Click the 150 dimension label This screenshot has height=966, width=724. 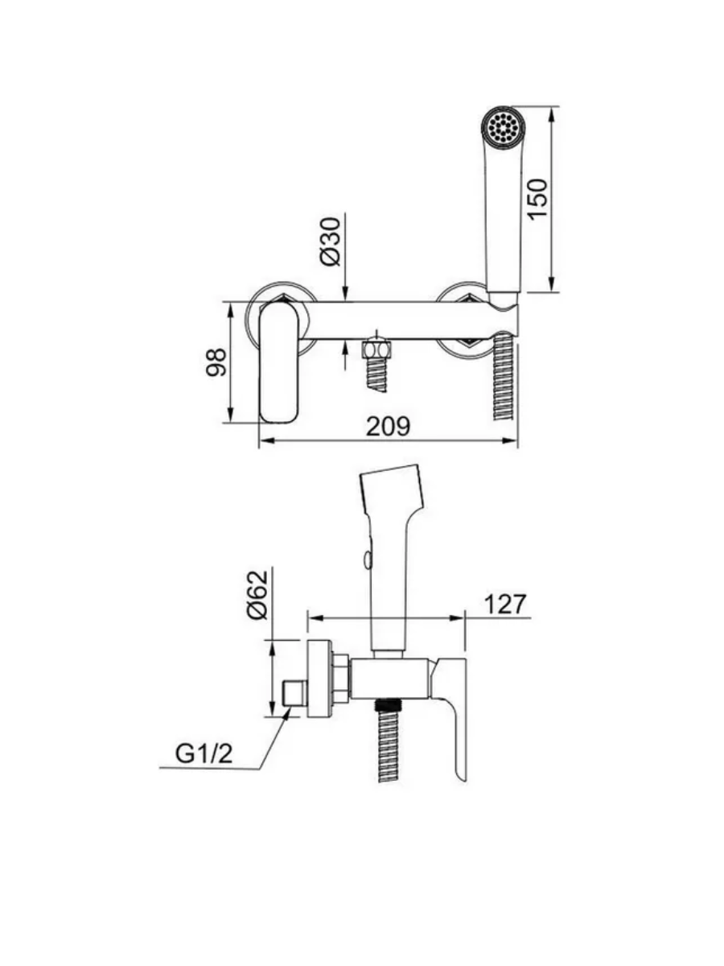pyautogui.click(x=539, y=198)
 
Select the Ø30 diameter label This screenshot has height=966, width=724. pyautogui.click(x=331, y=242)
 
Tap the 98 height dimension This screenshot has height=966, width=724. pyautogui.click(x=216, y=362)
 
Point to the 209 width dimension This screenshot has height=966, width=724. pyautogui.click(x=389, y=426)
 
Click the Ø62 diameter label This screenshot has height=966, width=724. pyautogui.click(x=257, y=596)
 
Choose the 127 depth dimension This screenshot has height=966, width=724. pyautogui.click(x=505, y=605)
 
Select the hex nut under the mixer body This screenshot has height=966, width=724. pyautogui.click(x=376, y=350)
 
